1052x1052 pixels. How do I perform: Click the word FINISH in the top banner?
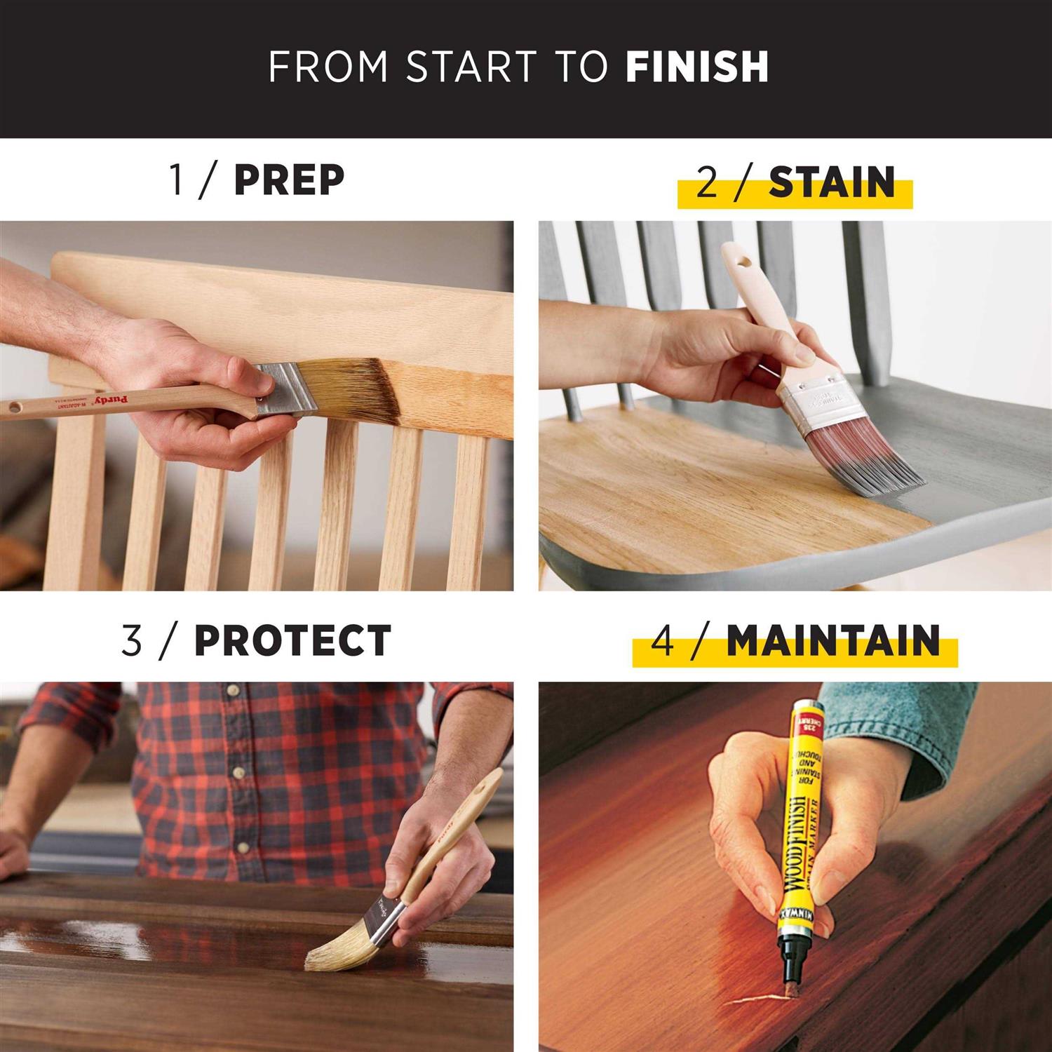click(697, 67)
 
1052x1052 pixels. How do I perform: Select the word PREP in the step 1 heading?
click(289, 180)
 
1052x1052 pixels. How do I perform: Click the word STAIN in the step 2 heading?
click(832, 183)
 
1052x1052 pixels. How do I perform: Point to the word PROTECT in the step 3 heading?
click(292, 640)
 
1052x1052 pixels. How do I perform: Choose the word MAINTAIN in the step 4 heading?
click(832, 641)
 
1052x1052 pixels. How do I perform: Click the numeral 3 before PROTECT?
click(131, 641)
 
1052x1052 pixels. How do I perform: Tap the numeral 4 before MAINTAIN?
click(663, 642)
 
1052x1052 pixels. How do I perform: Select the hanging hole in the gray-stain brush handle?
click(742, 263)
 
